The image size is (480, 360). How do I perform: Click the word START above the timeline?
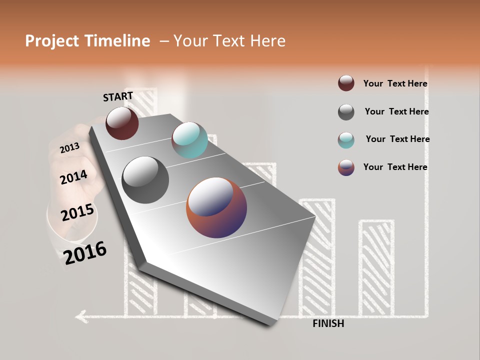[118, 96]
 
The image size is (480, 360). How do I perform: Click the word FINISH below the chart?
[328, 323]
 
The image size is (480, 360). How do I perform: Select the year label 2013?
[69, 147]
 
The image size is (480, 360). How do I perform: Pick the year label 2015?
[77, 212]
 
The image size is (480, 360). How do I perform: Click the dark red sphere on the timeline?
[122, 123]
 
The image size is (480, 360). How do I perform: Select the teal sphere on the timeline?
[189, 140]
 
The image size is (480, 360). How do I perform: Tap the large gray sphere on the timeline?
[145, 179]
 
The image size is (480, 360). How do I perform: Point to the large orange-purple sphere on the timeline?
[216, 207]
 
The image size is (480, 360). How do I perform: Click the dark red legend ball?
[346, 83]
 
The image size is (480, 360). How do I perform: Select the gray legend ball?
[346, 112]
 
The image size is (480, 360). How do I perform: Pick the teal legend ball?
[346, 140]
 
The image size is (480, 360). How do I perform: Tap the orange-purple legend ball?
[346, 167]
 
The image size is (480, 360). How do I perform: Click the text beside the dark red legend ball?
[395, 84]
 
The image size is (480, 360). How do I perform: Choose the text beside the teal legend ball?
[397, 139]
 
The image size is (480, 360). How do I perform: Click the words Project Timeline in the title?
[87, 41]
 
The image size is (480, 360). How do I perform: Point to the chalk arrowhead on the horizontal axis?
[80, 315]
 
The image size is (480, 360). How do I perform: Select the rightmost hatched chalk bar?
[376, 267]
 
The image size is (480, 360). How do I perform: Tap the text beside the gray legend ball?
[396, 111]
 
